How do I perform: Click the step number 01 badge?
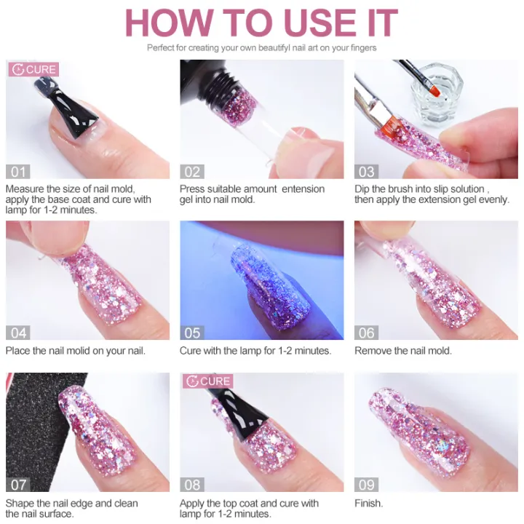tap(18, 172)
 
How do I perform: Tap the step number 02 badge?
tap(192, 172)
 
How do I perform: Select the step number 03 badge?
tap(367, 172)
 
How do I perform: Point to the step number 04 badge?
tap(18, 333)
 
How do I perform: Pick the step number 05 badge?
tap(192, 333)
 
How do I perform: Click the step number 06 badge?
tap(367, 333)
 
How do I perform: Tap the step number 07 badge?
tap(18, 484)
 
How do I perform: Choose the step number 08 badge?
tap(192, 484)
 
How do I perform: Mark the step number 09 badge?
tap(367, 484)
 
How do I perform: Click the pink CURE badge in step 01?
tap(33, 70)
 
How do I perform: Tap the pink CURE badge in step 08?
tap(208, 381)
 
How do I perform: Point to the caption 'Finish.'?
tap(369, 503)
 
